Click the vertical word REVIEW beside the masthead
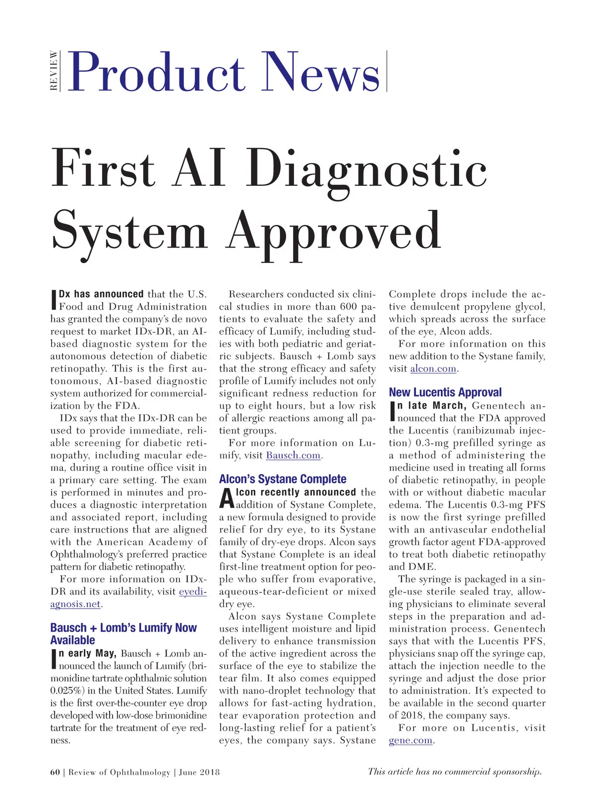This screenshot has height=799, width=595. coord(54,71)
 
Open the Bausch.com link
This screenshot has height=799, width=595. coord(293,455)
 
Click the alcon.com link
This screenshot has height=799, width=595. coord(433,369)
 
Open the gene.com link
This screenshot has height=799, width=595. coord(411,741)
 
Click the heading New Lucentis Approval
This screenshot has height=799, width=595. coord(445,392)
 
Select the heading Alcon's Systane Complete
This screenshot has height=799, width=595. coord(283,479)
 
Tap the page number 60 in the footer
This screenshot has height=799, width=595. coord(55,772)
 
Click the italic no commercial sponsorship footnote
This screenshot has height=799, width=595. coord(454,771)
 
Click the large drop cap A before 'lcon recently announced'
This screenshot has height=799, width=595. coord(227,498)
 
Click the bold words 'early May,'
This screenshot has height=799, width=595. coord(88,653)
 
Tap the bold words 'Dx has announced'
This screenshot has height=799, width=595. coord(101,294)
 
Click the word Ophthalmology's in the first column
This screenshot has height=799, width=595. coord(85,554)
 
